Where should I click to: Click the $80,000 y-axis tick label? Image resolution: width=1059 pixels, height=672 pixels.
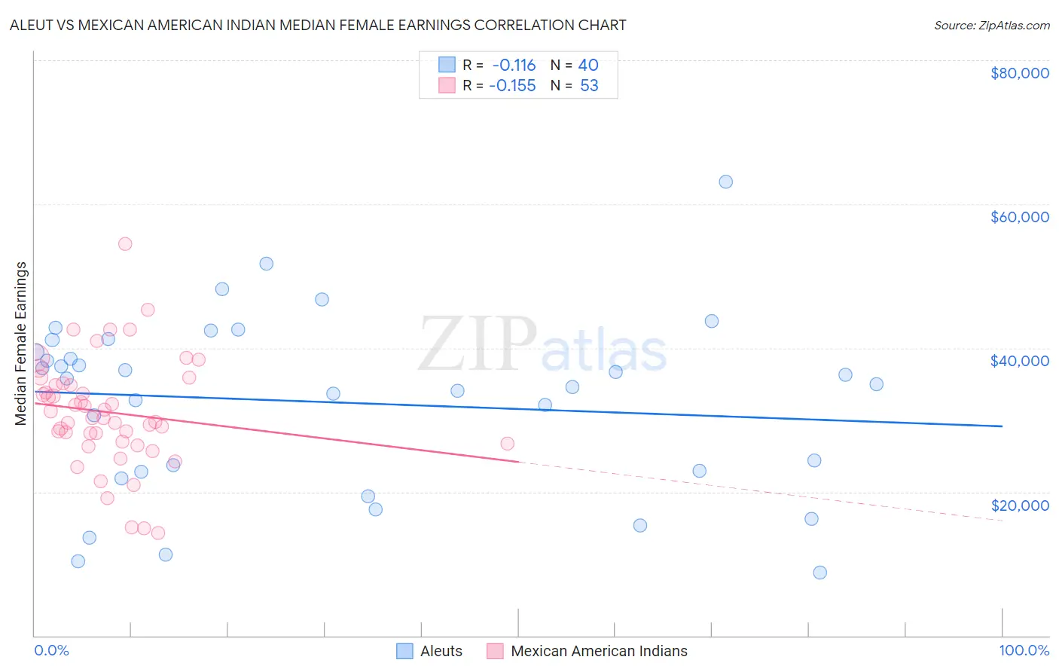point(1019,73)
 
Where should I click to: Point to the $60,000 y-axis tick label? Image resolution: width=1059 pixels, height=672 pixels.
point(1019,217)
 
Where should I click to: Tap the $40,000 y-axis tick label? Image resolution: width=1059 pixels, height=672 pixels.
point(1019,361)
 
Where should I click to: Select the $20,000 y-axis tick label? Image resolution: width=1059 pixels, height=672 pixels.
point(1019,506)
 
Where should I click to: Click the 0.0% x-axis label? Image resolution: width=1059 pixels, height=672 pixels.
point(51,650)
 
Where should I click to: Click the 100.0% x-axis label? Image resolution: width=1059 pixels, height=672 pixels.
point(1024,650)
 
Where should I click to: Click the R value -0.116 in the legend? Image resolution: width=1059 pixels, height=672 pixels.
point(514,65)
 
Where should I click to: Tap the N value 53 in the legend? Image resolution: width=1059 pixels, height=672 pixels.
point(589,86)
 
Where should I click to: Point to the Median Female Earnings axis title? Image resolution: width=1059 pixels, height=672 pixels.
point(21,344)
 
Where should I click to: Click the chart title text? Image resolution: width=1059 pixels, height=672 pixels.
point(318,25)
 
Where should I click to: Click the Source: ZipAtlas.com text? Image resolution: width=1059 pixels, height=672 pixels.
point(991,26)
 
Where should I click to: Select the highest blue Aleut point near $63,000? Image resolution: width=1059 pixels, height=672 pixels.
point(725,182)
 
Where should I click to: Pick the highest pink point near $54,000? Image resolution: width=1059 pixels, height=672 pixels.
point(125,244)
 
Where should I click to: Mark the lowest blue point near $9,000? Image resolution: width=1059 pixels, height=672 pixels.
point(820,573)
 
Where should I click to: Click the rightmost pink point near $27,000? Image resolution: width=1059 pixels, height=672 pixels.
point(507,444)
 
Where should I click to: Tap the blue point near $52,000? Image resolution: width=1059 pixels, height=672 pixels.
point(266,264)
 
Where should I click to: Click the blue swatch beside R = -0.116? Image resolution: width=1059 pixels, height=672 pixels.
point(447,65)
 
